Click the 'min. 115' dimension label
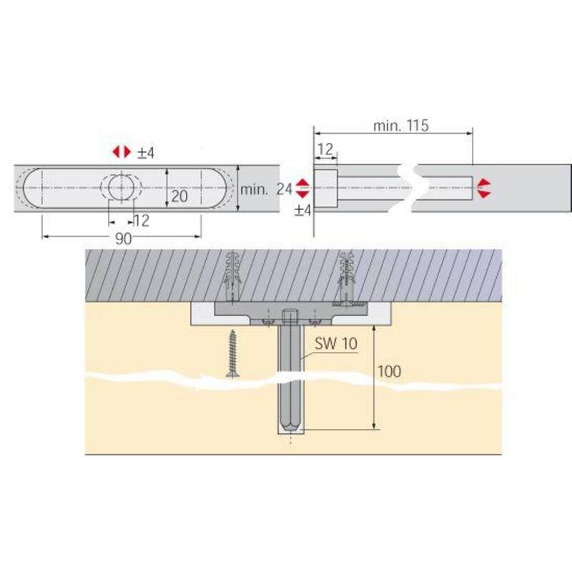point(400,126)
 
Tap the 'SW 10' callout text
point(336,344)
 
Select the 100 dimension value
point(389,371)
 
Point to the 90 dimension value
point(123,239)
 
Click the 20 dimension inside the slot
point(179,196)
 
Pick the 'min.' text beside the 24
point(254,189)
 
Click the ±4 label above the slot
point(146,153)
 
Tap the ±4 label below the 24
point(302,210)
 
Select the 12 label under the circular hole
point(142,221)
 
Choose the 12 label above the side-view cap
point(325,149)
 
